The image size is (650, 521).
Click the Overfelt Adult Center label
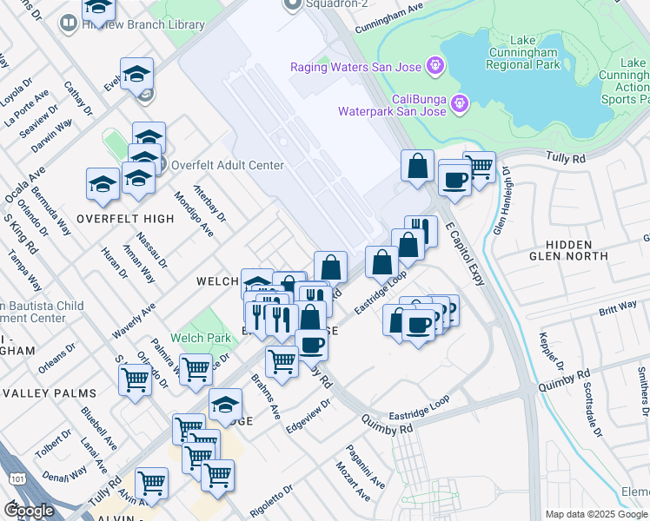tap(227, 166)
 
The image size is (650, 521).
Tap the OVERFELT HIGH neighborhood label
tap(125, 218)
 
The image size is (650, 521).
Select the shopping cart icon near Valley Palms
tap(135, 379)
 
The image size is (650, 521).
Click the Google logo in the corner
tap(30, 511)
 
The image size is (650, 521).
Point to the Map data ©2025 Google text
tap(596, 514)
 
